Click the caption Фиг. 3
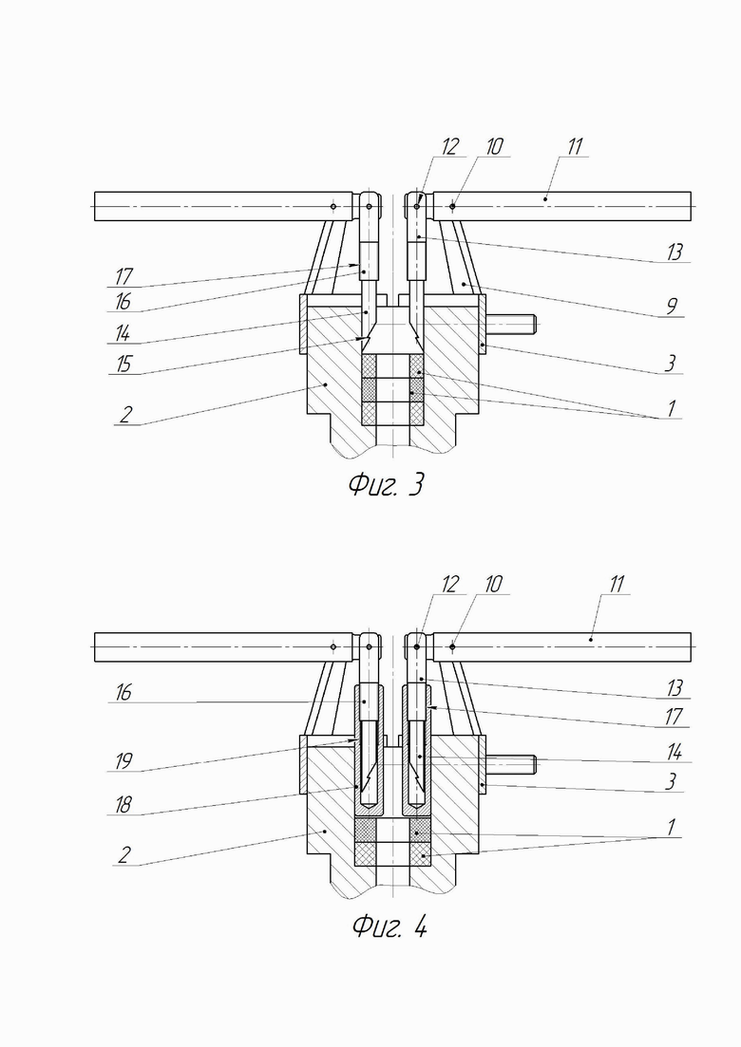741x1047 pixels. point(386,484)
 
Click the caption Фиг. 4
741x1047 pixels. point(389,925)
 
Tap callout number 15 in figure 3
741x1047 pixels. point(123,364)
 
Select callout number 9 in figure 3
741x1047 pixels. point(672,306)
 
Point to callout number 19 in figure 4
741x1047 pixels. point(123,760)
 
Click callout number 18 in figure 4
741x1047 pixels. point(123,805)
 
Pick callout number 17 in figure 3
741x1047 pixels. point(123,275)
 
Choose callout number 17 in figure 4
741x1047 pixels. point(674,717)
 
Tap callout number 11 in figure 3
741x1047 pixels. point(574,146)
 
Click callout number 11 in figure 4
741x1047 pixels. point(616,585)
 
